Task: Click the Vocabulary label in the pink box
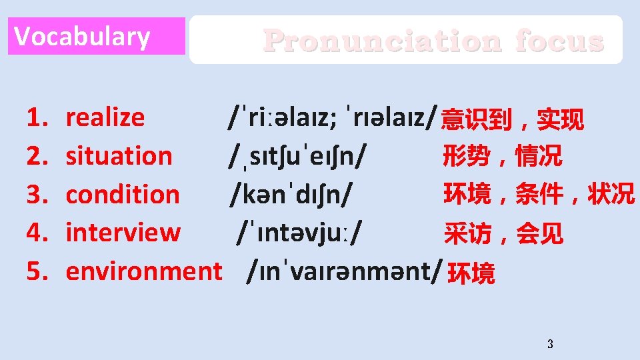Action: (x=82, y=37)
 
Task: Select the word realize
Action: (x=105, y=117)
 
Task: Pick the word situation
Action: (x=119, y=156)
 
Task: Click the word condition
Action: (x=123, y=195)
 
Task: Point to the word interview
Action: (x=123, y=233)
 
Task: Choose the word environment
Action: (x=144, y=271)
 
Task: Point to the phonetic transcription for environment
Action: (x=344, y=271)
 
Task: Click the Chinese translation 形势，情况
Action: (x=502, y=157)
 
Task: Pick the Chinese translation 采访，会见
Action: (x=503, y=233)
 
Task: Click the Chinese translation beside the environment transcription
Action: (x=471, y=273)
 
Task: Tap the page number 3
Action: (x=549, y=345)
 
